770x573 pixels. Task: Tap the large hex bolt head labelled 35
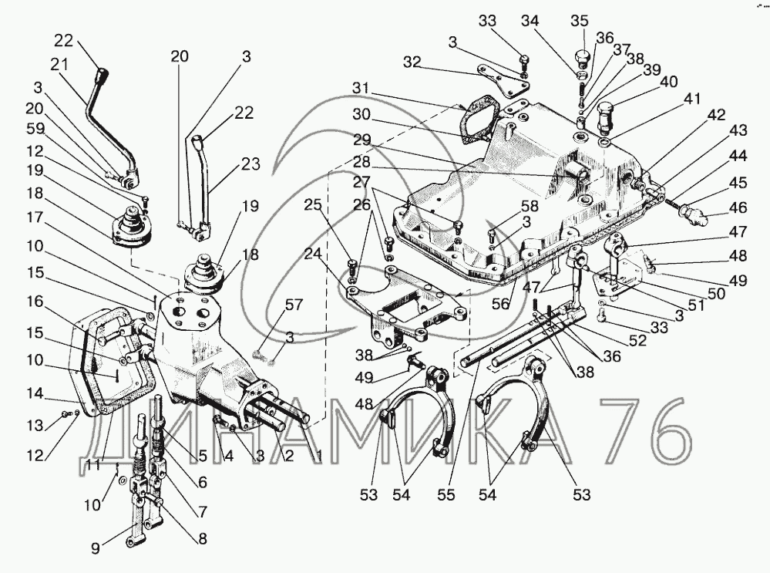(x=583, y=59)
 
